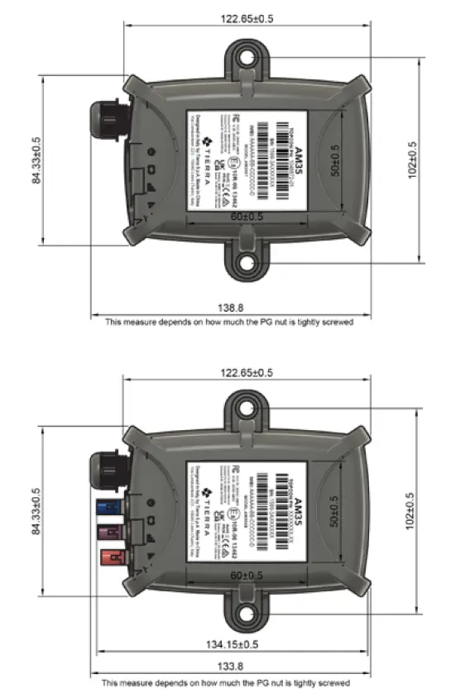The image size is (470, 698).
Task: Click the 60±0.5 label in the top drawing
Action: point(244,217)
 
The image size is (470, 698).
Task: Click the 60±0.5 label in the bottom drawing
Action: point(244,575)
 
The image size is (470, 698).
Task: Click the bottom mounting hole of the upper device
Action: point(246,264)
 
